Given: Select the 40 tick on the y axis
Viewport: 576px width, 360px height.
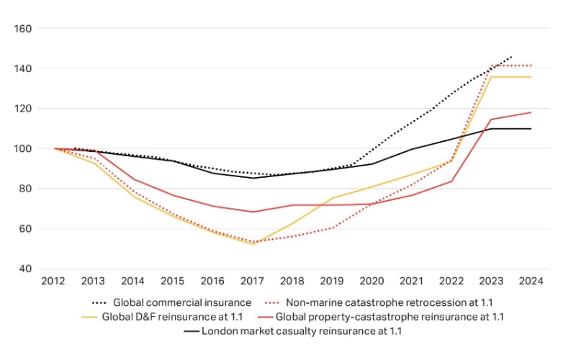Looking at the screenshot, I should (25, 269).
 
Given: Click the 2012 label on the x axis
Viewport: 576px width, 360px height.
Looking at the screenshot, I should (55, 281).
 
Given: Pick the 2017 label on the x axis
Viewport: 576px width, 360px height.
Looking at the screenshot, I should (253, 281).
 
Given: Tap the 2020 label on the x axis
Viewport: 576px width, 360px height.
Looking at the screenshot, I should (372, 281).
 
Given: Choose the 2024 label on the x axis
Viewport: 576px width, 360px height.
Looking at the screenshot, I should (531, 281).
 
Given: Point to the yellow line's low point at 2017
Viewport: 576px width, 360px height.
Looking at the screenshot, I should (253, 244).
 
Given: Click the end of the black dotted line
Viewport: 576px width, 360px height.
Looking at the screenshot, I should (512, 55).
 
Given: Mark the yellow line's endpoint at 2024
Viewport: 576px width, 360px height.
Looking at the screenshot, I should (531, 77).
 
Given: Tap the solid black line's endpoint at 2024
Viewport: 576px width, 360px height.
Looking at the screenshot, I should (531, 129).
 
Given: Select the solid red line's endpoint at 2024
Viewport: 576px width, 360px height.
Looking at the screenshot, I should (531, 112).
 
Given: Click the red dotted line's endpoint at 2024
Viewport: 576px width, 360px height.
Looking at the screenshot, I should (531, 66).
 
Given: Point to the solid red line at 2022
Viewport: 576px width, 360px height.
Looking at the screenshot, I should (452, 181).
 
